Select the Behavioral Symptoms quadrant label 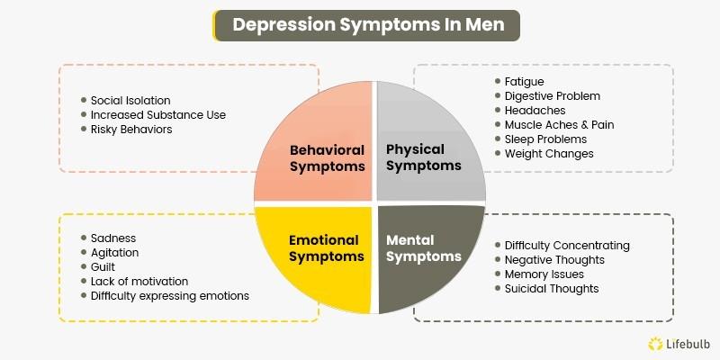pyautogui.click(x=327, y=157)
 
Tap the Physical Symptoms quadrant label pyautogui.click(x=423, y=157)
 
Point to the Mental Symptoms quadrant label pyautogui.click(x=423, y=248)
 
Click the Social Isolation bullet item pyautogui.click(x=130, y=100)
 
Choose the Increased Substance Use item pyautogui.click(x=158, y=114)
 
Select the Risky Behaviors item pyautogui.click(x=131, y=129)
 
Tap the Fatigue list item pyautogui.click(x=524, y=82)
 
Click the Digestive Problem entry pyautogui.click(x=552, y=96)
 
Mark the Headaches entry pyautogui.click(x=535, y=111)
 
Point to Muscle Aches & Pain pyautogui.click(x=559, y=125)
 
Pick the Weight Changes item pyautogui.click(x=549, y=154)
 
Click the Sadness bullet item pyautogui.click(x=113, y=238)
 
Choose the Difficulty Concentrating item pyautogui.click(x=567, y=246)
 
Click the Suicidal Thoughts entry pyautogui.click(x=552, y=289)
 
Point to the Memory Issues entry pyautogui.click(x=544, y=274)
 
